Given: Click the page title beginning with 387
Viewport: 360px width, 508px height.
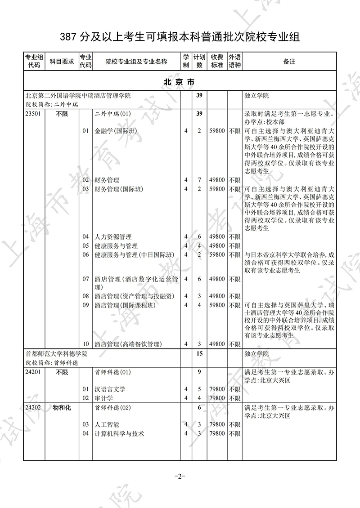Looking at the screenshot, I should [180, 36].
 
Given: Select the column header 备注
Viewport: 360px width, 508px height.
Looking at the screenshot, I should [289, 62].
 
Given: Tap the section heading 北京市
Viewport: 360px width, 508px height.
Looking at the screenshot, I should [180, 83].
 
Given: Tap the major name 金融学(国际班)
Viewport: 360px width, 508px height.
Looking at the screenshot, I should [116, 131].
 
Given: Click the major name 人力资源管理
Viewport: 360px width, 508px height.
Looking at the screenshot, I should [113, 236].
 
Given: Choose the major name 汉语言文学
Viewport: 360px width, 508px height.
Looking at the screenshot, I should [110, 389].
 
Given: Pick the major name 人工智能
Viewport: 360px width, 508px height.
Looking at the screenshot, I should [107, 424].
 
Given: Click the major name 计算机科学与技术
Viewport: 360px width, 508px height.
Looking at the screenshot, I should [119, 433].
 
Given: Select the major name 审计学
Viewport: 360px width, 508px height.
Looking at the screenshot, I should [103, 398].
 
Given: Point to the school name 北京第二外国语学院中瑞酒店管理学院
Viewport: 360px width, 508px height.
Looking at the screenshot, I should [78, 96].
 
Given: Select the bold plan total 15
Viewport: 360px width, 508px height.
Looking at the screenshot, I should [199, 354].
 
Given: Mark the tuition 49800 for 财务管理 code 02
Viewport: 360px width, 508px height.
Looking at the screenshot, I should [217, 180].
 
